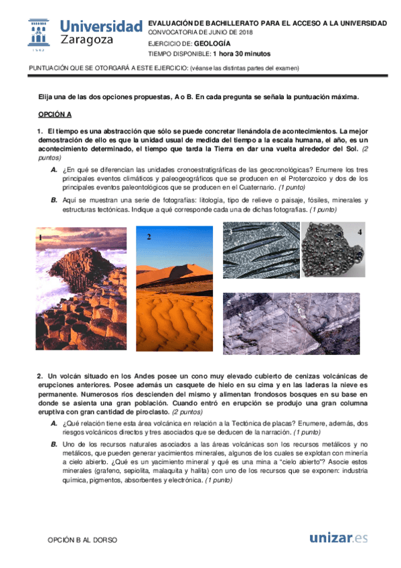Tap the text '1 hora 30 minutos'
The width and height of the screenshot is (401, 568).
click(241, 54)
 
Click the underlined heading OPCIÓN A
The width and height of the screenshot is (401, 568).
click(54, 115)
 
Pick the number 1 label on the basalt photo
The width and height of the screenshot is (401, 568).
click(41, 237)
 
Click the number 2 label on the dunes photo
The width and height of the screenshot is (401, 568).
click(149, 236)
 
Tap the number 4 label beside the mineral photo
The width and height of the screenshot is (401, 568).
click(359, 232)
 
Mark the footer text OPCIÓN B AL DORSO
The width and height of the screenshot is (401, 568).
click(83, 539)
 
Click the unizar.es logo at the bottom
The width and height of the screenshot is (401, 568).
click(339, 538)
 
